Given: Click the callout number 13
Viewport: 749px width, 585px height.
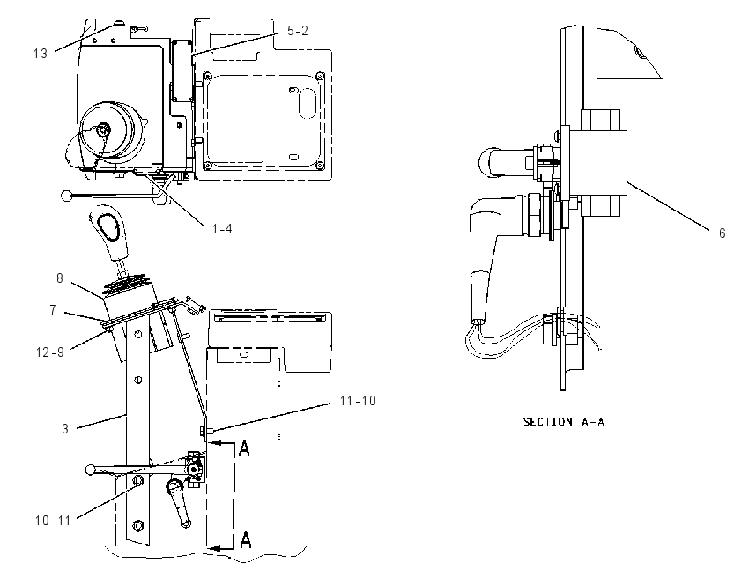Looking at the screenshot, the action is pos(41,54).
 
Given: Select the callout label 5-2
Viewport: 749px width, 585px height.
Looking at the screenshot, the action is pos(298,31).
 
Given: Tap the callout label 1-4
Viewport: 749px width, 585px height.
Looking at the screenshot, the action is pos(222,229).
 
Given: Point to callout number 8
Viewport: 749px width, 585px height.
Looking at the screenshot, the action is pos(60,278).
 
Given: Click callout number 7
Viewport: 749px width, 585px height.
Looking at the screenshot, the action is pos(53,310).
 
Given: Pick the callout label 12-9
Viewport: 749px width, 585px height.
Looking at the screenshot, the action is pos(49,352).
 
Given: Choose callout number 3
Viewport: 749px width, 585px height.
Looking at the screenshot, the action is pos(65,429).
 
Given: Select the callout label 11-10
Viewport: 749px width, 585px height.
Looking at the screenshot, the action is pos(358,401).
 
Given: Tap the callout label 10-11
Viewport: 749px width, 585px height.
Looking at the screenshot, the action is pos(53,520).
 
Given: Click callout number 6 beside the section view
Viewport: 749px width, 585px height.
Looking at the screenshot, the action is pos(722,233).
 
